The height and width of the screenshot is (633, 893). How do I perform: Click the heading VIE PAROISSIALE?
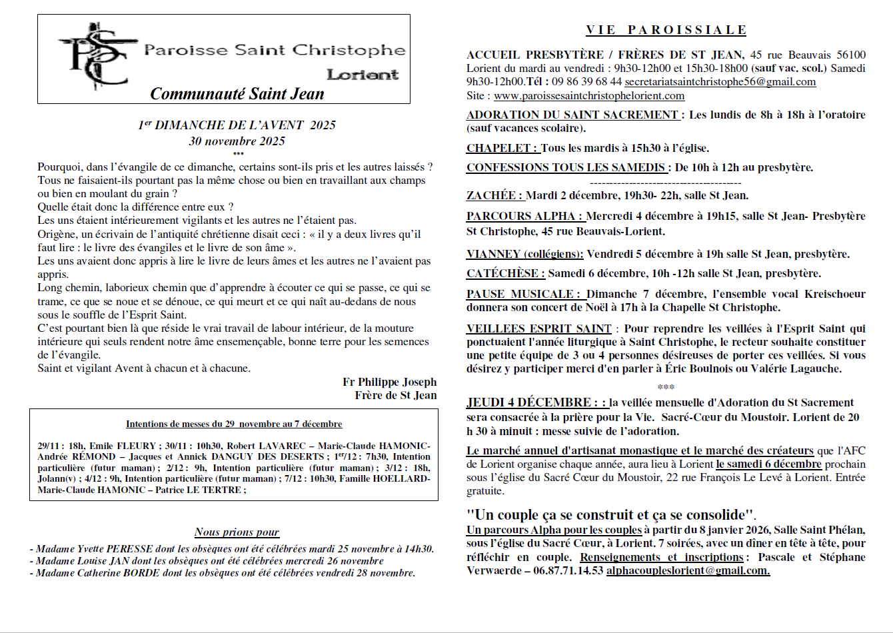[666, 30]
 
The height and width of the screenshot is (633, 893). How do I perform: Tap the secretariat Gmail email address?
[720, 82]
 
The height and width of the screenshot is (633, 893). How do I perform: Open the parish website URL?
[589, 96]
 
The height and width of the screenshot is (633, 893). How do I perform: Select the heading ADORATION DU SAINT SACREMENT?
[572, 115]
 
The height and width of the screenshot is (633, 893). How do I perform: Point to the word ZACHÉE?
[493, 195]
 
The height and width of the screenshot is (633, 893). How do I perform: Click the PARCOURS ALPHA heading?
[523, 216]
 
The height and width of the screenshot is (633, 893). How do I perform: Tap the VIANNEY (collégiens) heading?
[524, 254]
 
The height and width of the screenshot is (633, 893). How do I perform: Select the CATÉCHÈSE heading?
[504, 273]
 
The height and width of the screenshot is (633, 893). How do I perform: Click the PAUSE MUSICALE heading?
[522, 294]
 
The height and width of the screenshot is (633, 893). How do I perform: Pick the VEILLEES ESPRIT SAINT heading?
[538, 328]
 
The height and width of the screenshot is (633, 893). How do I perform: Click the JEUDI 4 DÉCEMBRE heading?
[528, 402]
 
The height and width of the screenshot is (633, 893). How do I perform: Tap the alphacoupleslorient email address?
[688, 570]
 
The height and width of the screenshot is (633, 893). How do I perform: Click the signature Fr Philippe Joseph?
[389, 382]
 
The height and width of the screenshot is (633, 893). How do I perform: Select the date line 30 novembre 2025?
[237, 141]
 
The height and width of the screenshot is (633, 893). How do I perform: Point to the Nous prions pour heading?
[237, 532]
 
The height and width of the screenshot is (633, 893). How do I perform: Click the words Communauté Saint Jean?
[237, 94]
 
